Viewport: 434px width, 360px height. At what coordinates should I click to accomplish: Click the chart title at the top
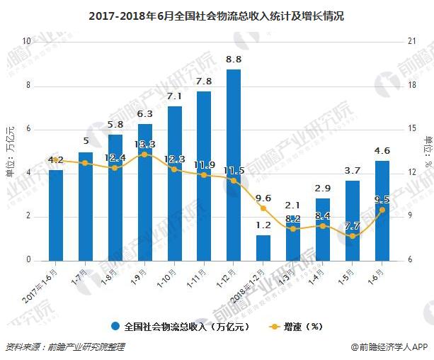pyautogui.click(x=217, y=16)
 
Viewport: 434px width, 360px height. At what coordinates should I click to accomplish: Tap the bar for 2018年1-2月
pyautogui.click(x=263, y=247)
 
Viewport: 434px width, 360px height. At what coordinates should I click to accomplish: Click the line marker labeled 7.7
pyautogui.click(x=353, y=235)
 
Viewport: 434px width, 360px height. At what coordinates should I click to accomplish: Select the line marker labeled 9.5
pyautogui.click(x=382, y=210)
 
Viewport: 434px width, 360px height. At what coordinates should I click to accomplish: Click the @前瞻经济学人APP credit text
pyautogui.click(x=389, y=347)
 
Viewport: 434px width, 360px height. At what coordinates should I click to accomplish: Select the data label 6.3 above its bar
pyautogui.click(x=145, y=113)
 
